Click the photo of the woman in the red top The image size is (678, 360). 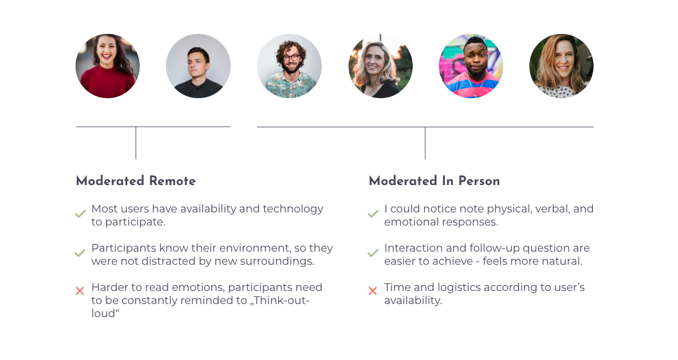pyautogui.click(x=108, y=66)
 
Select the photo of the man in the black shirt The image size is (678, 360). pyautogui.click(x=199, y=66)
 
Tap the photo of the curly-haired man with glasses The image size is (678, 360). pyautogui.click(x=289, y=66)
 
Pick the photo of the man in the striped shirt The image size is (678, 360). pyautogui.click(x=471, y=66)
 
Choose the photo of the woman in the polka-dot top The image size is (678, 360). pyautogui.click(x=561, y=66)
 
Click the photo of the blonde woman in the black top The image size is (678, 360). pyautogui.click(x=381, y=66)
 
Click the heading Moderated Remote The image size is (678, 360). pyautogui.click(x=136, y=181)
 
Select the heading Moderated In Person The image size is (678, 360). pyautogui.click(x=434, y=181)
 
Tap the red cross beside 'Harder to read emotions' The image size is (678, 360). pyautogui.click(x=80, y=291)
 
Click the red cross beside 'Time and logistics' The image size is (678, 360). pyautogui.click(x=373, y=291)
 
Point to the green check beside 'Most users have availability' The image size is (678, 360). pyautogui.click(x=80, y=214)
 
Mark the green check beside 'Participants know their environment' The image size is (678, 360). pyautogui.click(x=80, y=253)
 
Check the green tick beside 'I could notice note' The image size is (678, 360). pyautogui.click(x=373, y=214)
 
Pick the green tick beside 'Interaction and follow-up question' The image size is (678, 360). pyautogui.click(x=373, y=253)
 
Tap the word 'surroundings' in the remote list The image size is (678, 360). pyautogui.click(x=277, y=262)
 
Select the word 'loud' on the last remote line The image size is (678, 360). pyautogui.click(x=103, y=313)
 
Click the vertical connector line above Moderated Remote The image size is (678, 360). pyautogui.click(x=136, y=143)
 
